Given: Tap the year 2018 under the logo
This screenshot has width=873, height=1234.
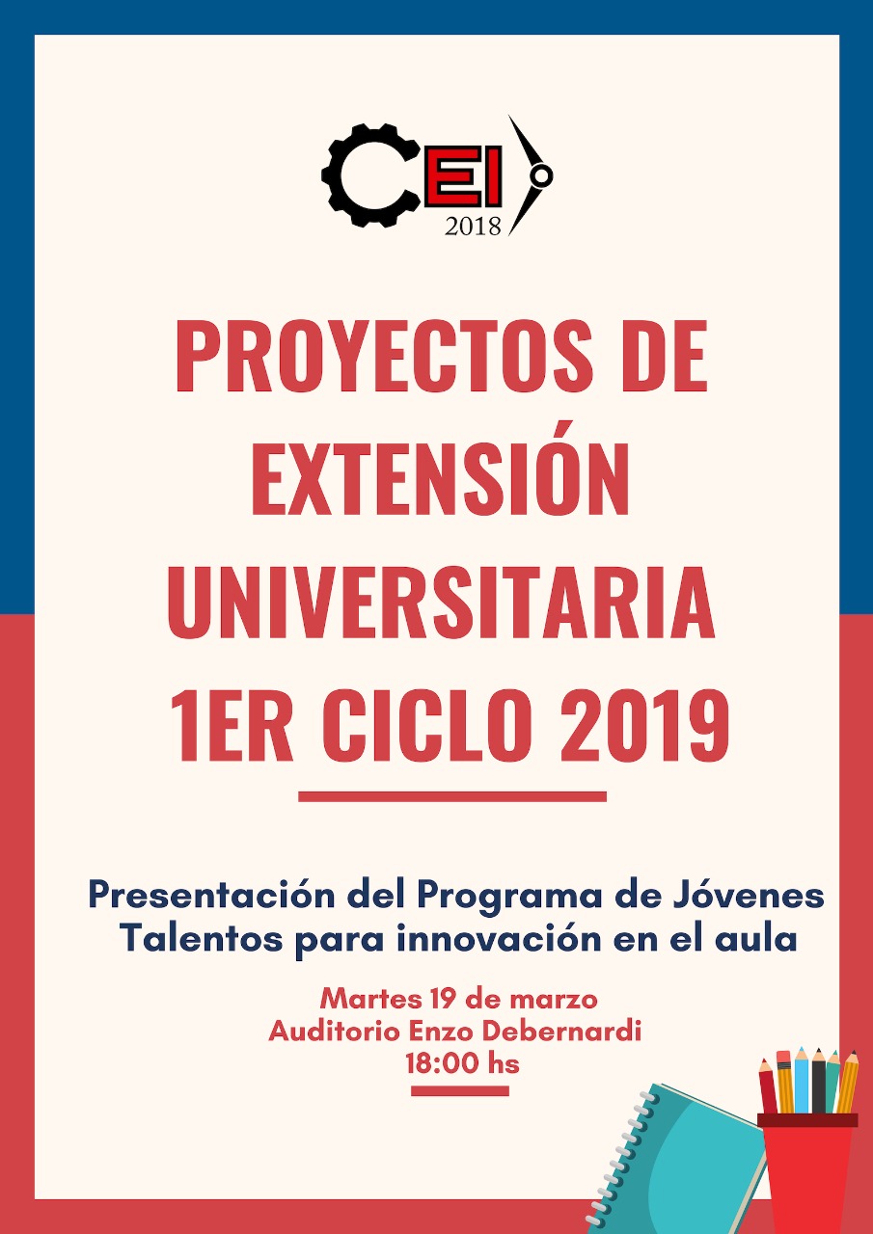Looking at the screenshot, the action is [473, 227].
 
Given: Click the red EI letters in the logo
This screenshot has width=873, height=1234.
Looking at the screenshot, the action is [463, 176].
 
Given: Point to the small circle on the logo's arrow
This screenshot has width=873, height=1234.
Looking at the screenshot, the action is [542, 175].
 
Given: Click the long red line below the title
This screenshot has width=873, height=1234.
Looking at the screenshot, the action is [451, 796].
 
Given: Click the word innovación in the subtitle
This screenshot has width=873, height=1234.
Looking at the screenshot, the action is [498, 940].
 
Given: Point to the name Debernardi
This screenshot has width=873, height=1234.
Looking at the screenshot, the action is [561, 1032].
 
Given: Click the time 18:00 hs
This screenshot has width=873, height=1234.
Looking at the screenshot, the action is [462, 1063].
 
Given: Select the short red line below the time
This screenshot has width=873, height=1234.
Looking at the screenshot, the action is [460, 1090].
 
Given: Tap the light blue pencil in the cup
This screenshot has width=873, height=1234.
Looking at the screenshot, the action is [802, 1079].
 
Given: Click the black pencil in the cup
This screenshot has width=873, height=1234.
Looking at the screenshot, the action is [819, 1080].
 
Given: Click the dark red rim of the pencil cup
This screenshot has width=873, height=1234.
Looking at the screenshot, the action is [807, 1120].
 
